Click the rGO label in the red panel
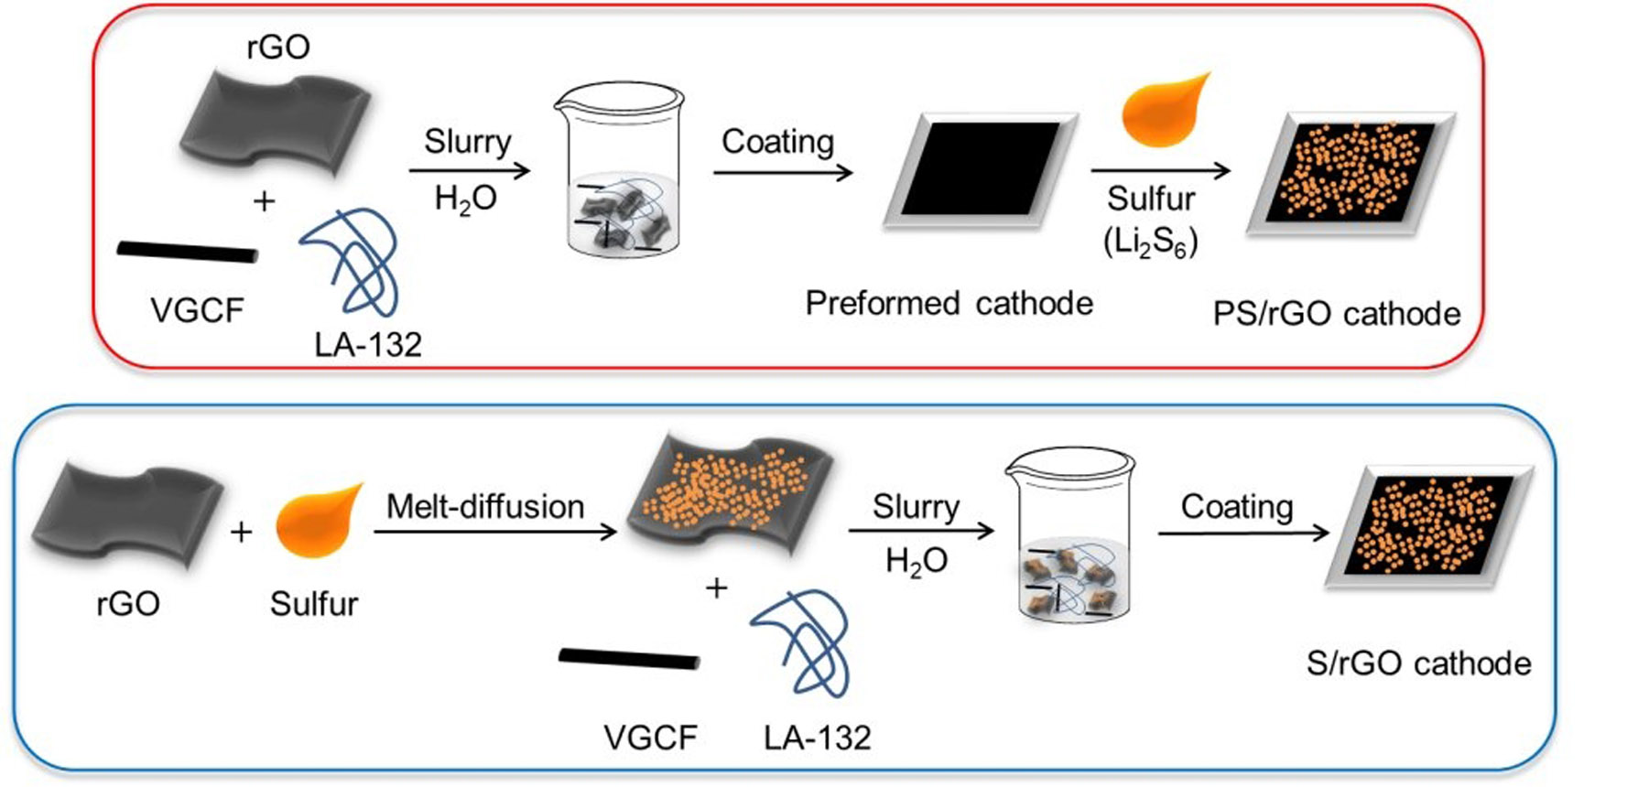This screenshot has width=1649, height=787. click(x=278, y=47)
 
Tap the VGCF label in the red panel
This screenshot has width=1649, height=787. click(x=197, y=311)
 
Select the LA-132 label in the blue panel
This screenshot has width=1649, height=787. click(x=817, y=737)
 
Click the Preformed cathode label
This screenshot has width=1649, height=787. click(x=949, y=303)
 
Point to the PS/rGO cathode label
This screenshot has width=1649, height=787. click(x=1336, y=314)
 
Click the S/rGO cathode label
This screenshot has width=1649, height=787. click(x=1418, y=663)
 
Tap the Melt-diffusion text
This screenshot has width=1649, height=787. click(x=485, y=506)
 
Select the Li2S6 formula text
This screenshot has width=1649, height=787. click(x=1151, y=242)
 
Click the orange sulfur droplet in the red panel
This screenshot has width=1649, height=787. click(x=1165, y=111)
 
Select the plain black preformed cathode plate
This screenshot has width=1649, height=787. click(x=980, y=169)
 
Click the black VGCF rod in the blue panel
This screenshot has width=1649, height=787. click(x=629, y=658)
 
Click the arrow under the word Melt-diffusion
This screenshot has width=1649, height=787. click(x=494, y=531)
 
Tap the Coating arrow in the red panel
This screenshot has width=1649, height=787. click(x=783, y=171)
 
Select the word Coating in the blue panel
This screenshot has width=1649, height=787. click(x=1237, y=506)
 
